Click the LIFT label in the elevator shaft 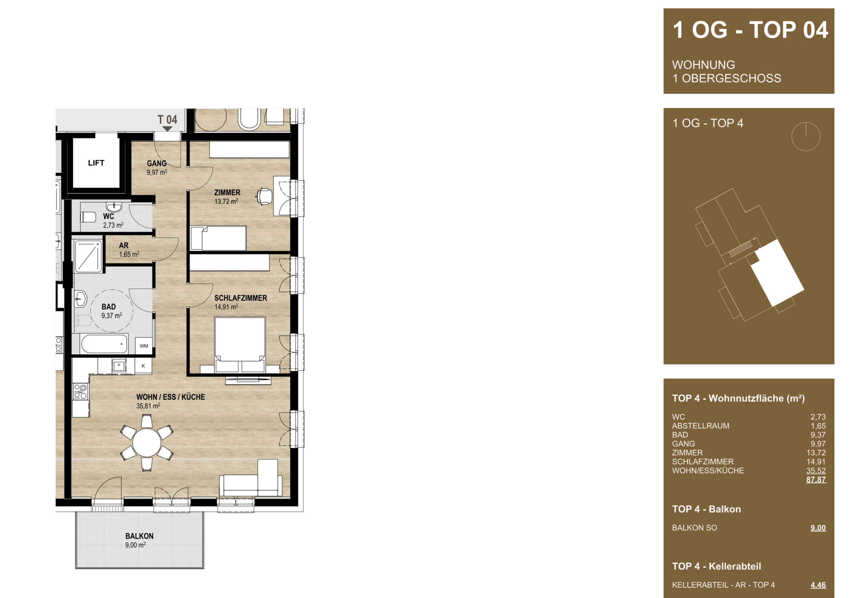[x=96, y=163]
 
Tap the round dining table [x=147, y=443]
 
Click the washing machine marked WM [x=144, y=346]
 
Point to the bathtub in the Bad [x=104, y=344]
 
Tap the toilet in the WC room [x=88, y=217]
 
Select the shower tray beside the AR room [x=88, y=256]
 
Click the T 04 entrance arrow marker [x=167, y=129]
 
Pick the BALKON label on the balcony [x=139, y=536]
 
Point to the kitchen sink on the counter [x=119, y=366]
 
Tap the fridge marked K [x=143, y=366]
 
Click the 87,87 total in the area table [x=816, y=480]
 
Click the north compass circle [x=806, y=136]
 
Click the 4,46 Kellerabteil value [x=818, y=585]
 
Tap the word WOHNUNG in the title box [x=703, y=65]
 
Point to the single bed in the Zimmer [x=218, y=238]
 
